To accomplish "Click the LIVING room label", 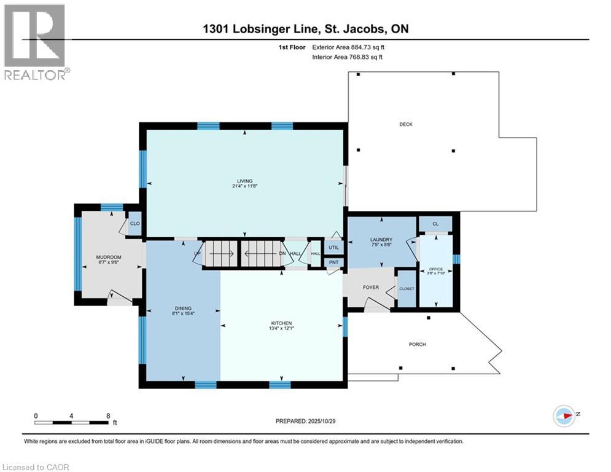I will [x=241, y=181].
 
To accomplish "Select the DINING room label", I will [x=182, y=308].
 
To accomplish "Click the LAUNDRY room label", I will [x=381, y=240].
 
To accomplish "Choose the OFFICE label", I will [x=435, y=267].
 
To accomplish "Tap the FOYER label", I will [x=370, y=287].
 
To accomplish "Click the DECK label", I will [x=406, y=124].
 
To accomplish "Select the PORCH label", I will [x=417, y=344].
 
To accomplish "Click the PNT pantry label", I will [x=332, y=263].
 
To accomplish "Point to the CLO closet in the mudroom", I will [x=134, y=224].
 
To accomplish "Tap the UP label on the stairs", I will [x=197, y=253].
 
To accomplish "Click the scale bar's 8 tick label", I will [x=108, y=415].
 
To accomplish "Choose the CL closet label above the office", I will [x=435, y=224].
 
